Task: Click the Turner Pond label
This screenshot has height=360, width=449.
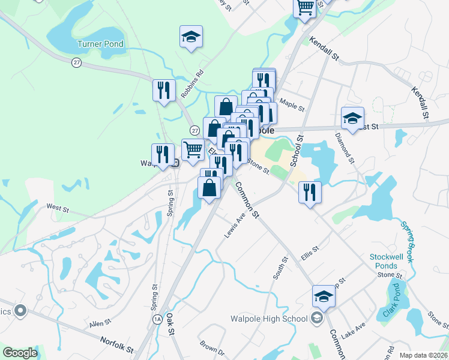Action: pyautogui.click(x=100, y=44)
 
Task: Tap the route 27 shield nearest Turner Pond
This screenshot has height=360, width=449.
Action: pyautogui.click(x=76, y=61)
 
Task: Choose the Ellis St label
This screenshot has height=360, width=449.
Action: pyautogui.click(x=311, y=253)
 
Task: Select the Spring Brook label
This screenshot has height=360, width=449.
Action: pyautogui.click(x=408, y=243)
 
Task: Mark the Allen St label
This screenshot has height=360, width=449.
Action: pyautogui.click(x=97, y=324)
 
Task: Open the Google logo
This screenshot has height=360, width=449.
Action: pyautogui.click(x=20, y=352)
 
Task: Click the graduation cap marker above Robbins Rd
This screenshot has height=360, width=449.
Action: pyautogui.click(x=191, y=37)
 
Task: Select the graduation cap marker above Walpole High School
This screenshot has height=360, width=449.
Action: pyautogui.click(x=324, y=296)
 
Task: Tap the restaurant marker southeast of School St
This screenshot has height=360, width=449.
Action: pyautogui.click(x=310, y=192)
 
